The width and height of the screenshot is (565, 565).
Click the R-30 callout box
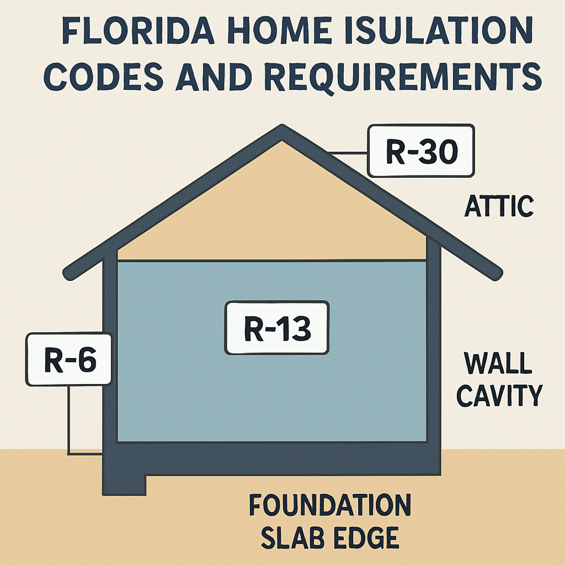[x=421, y=151]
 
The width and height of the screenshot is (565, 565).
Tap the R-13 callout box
[x=277, y=328]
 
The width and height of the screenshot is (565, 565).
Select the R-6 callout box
[x=69, y=359]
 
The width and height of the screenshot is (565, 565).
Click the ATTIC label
[x=499, y=206]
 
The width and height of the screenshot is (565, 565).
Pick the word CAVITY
[x=499, y=395]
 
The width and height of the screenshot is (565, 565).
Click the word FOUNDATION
[x=330, y=505]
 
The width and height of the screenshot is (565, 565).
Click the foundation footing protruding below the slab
[x=124, y=484]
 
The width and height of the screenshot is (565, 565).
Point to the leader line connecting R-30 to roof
[x=349, y=153]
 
